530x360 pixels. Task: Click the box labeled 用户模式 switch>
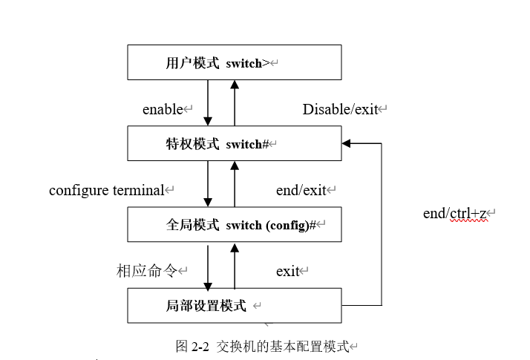coord(234,62)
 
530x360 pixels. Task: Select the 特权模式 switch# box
coord(234,143)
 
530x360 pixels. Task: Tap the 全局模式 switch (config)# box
coord(234,224)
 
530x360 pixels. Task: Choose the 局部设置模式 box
coord(234,305)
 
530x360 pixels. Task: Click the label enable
coord(163,110)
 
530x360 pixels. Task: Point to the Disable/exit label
coord(341,110)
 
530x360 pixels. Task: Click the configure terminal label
coord(106,190)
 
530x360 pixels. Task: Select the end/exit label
coord(301,191)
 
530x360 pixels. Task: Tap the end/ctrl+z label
coord(455,214)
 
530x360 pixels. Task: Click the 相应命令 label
coord(147,271)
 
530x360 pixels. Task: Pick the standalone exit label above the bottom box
coord(288,272)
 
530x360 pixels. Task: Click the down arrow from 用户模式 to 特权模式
coord(208,103)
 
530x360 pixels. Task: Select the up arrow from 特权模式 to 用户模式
coord(235,103)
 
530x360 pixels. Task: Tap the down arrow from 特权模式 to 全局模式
coord(208,183)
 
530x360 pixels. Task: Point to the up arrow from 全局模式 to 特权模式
coord(235,183)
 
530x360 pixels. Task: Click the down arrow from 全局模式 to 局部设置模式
coord(208,265)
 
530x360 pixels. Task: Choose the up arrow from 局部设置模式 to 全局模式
coord(235,265)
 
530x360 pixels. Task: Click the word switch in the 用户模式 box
coord(243,63)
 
